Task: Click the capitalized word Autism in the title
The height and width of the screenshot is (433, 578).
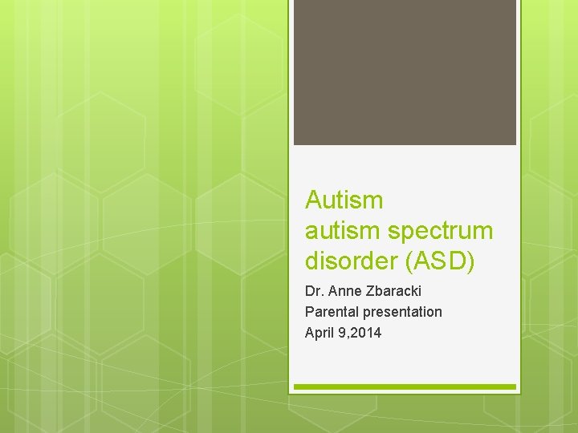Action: pyautogui.click(x=344, y=200)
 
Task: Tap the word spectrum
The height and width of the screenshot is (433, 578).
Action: pyautogui.click(x=441, y=232)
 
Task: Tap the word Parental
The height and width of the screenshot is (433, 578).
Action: pyautogui.click(x=332, y=311)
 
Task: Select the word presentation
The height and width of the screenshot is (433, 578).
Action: pyautogui.click(x=401, y=312)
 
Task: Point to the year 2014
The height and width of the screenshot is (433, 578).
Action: pyautogui.click(x=366, y=332)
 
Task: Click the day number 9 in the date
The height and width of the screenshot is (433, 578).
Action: pyautogui.click(x=340, y=332)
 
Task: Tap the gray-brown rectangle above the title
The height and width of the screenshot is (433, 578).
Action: pyautogui.click(x=405, y=72)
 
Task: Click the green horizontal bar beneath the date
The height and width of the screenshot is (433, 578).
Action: pyautogui.click(x=405, y=386)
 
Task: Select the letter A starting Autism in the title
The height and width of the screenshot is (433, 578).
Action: pyautogui.click(x=314, y=200)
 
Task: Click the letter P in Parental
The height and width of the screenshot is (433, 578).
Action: pyautogui.click(x=309, y=311)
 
